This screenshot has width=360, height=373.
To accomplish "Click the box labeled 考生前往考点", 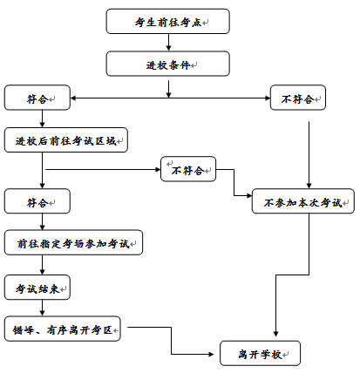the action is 167,21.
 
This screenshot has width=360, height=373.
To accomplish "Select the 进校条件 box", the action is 167,64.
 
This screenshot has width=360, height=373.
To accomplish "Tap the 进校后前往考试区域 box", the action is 66,139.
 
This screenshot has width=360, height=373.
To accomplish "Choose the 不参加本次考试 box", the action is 303,201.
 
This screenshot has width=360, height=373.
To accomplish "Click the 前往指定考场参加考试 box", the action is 73,242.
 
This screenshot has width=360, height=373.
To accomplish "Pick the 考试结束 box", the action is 37,288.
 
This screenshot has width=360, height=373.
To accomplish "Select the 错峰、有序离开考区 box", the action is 62,329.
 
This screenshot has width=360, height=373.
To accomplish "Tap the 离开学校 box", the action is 260,353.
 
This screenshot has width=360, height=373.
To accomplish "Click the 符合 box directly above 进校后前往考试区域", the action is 37,98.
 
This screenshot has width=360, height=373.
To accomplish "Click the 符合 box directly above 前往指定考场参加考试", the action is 37,201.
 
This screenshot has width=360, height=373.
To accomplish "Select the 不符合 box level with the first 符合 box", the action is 298,98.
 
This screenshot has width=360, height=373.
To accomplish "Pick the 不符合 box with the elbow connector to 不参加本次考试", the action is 188,169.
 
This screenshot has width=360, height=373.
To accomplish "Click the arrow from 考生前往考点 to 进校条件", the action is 168,43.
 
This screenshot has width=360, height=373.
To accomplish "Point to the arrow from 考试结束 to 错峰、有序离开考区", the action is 43,308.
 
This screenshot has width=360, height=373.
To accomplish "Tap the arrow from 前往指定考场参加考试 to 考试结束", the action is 43,265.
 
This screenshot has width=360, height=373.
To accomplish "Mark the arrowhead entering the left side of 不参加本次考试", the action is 249,196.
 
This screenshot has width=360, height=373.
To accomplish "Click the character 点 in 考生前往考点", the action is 197,23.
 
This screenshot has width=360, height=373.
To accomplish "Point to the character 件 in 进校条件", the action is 185,65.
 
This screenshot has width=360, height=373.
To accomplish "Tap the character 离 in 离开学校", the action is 243,355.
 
